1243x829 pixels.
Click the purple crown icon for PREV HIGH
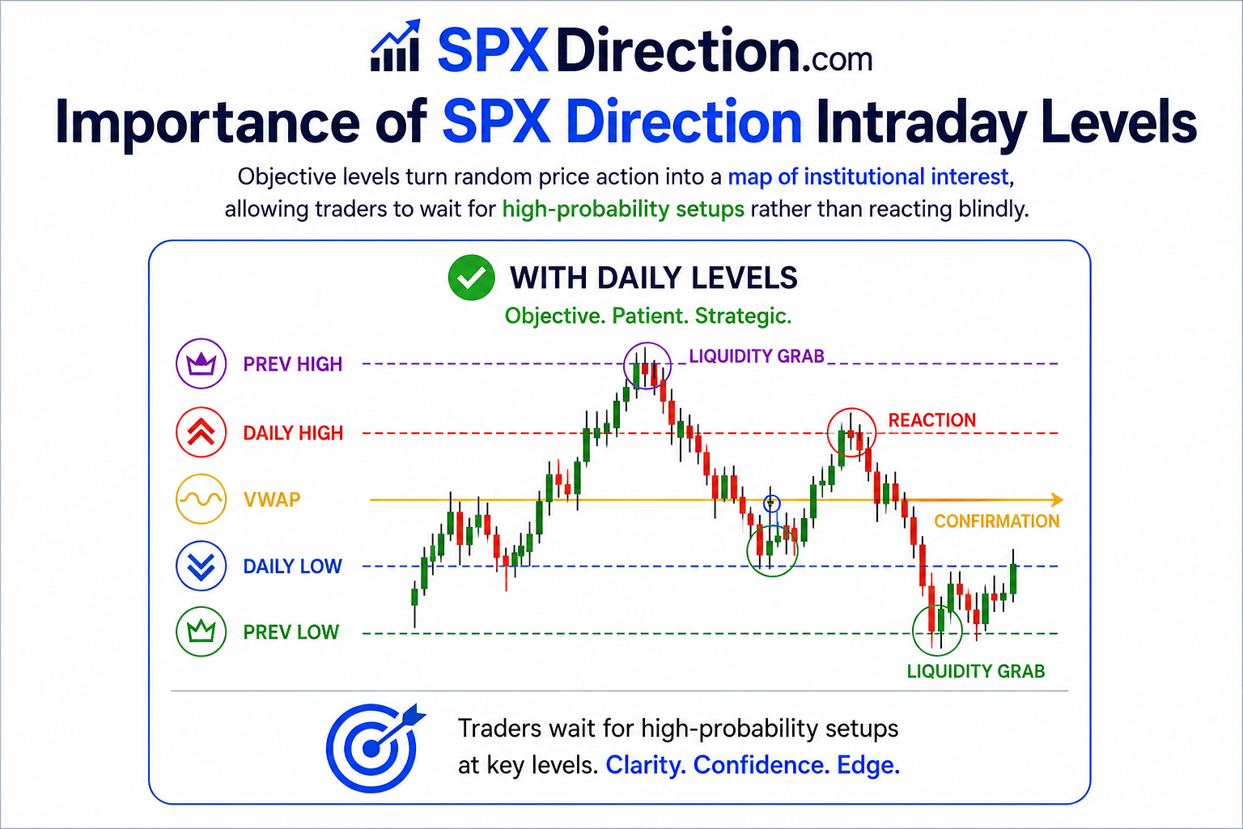[201, 363]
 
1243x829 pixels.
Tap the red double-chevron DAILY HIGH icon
[201, 432]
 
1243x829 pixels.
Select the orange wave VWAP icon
[201, 499]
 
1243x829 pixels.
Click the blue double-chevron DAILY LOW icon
[201, 565]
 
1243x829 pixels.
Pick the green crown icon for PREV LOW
[201, 631]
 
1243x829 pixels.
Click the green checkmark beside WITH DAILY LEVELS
[471, 277]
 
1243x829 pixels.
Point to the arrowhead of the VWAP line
[1057, 500]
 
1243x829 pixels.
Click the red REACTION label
[931, 420]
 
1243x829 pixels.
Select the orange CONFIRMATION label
[997, 521]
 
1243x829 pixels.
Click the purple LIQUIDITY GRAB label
[757, 356]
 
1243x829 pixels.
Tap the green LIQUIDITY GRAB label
[975, 671]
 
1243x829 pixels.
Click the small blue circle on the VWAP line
[771, 504]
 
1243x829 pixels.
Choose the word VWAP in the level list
[272, 500]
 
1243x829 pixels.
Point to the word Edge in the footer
[868, 764]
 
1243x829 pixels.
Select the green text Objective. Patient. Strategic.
[647, 316]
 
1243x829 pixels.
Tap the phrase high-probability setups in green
[623, 210]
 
